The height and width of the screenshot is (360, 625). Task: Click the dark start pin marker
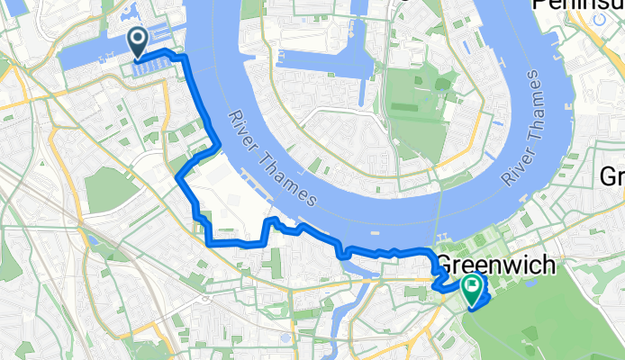coord(139,40)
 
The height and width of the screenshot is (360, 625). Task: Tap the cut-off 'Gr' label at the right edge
coord(611,176)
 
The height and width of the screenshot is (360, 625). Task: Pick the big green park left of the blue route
coord(108,189)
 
